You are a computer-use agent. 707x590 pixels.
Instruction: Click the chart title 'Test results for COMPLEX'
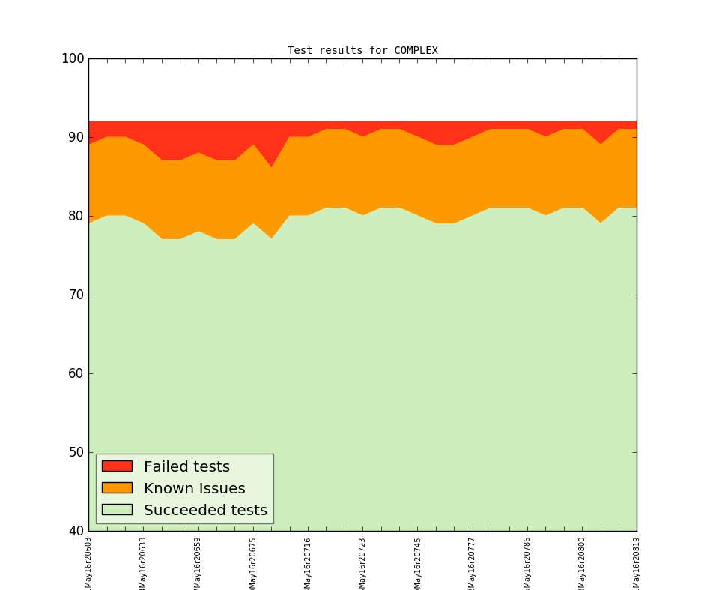(x=362, y=51)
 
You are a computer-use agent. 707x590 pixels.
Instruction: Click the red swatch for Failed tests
(x=117, y=466)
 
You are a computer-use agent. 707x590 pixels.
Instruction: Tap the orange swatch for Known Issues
(x=117, y=488)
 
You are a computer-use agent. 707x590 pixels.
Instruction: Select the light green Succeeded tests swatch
(x=117, y=510)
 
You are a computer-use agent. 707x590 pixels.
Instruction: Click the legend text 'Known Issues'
(x=194, y=489)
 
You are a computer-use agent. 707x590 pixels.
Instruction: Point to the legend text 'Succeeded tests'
(x=205, y=511)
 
